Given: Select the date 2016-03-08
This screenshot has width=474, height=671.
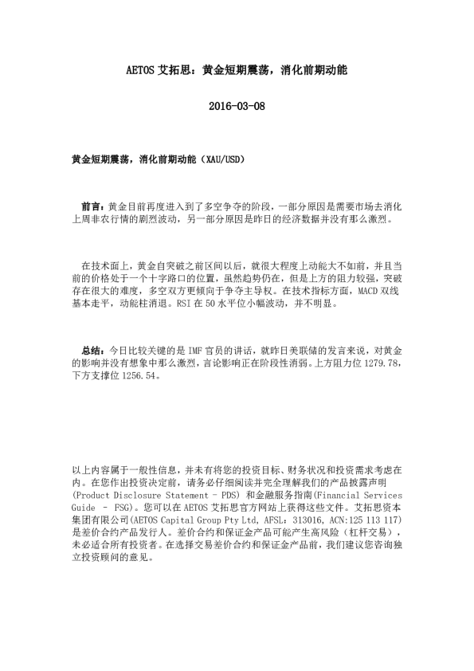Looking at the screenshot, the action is [237, 107].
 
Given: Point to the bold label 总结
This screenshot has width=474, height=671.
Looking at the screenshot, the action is [92, 351].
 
